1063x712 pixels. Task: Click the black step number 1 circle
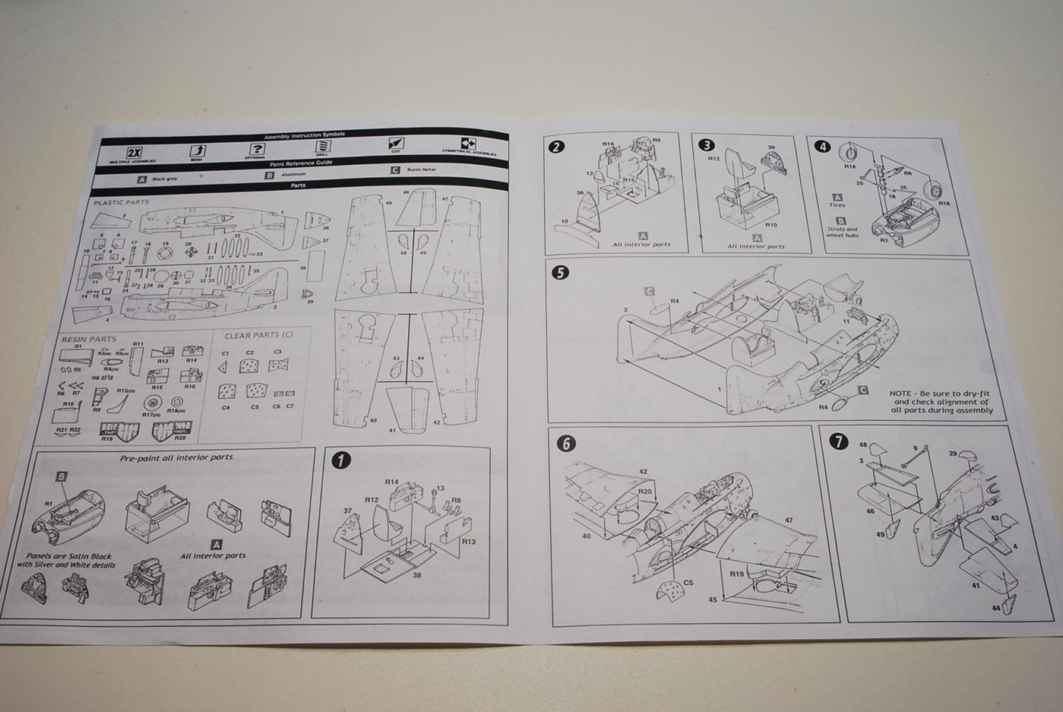coord(341,461)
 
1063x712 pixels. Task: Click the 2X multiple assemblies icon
coord(134,152)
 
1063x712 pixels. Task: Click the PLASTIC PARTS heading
coord(122,202)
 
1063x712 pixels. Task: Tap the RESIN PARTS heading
coord(88,339)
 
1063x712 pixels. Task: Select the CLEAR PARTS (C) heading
coord(258,335)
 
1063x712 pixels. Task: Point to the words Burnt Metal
coord(421,170)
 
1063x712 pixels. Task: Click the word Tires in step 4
coord(837,205)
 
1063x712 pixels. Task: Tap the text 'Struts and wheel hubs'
coord(842,232)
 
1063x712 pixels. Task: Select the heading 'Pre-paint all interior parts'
coord(176,457)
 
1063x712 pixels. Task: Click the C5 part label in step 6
coord(688,582)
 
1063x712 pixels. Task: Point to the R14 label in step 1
coord(391,481)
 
